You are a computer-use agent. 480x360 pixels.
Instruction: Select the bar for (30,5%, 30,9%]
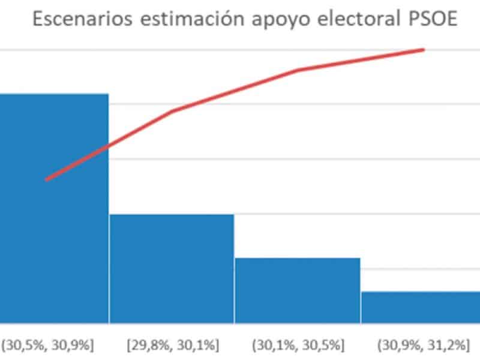point(54,210)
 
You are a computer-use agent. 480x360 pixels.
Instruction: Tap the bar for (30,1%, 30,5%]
point(297,290)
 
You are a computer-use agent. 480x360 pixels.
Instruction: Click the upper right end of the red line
point(424,50)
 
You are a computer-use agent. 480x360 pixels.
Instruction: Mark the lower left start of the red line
point(47,179)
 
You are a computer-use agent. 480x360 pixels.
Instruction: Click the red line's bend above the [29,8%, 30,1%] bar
point(173,111)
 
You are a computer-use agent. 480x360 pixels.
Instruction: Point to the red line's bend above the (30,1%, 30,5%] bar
point(298,70)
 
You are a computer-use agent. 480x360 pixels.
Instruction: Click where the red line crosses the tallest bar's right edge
point(109,146)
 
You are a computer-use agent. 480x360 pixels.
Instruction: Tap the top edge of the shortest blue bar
point(420,292)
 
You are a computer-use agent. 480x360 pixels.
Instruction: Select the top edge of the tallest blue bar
point(54,94)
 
